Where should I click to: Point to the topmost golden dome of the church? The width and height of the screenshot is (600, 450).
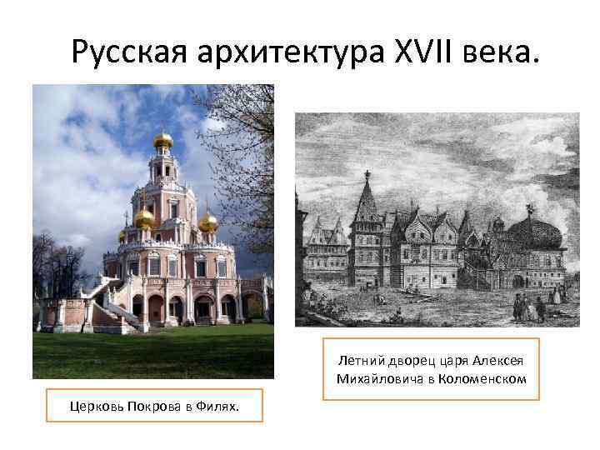pyautogui.click(x=163, y=139)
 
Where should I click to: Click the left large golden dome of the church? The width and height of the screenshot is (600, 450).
pyautogui.click(x=145, y=219)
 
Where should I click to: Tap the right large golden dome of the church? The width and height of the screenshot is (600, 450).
pyautogui.click(x=208, y=222)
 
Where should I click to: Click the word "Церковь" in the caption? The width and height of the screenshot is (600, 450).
pyautogui.click(x=98, y=407)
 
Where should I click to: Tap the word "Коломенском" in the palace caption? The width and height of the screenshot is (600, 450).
pyautogui.click(x=488, y=380)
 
